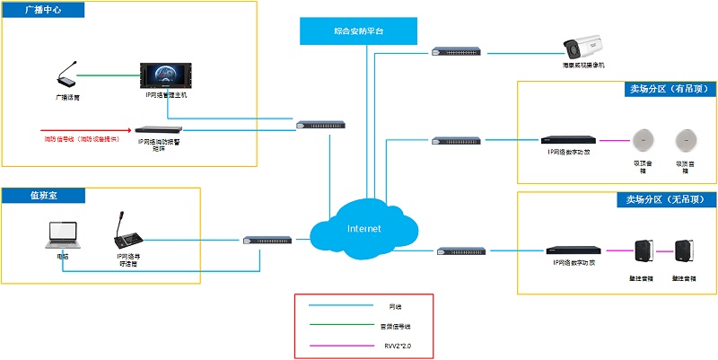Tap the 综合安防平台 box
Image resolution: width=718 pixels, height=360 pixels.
point(358,31)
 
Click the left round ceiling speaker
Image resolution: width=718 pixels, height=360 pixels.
point(642,140)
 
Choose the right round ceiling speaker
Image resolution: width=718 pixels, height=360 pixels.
point(686,140)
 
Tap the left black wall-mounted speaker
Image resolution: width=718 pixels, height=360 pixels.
point(642,251)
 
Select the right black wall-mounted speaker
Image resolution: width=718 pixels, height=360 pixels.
point(685,251)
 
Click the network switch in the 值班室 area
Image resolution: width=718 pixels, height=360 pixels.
point(267,241)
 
